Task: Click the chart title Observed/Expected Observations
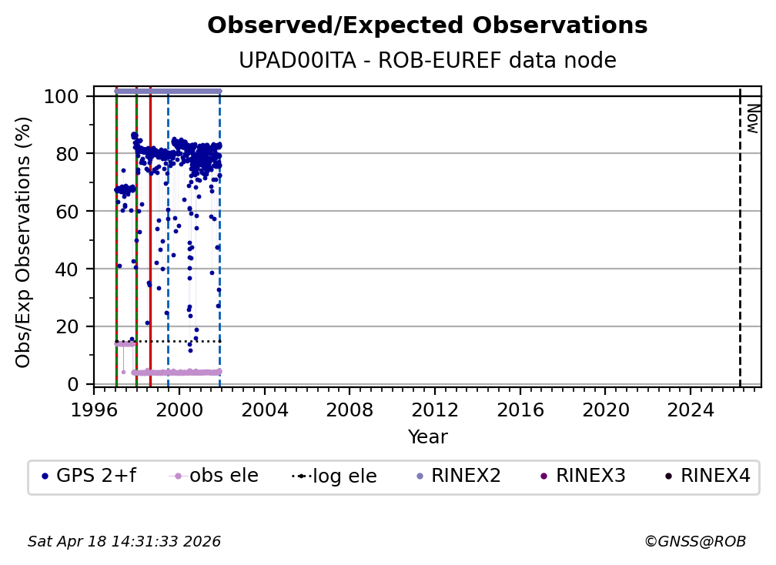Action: click(x=427, y=26)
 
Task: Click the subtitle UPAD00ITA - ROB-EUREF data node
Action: click(x=427, y=61)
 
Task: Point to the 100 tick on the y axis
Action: click(x=61, y=96)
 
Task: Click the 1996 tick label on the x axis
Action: click(x=94, y=411)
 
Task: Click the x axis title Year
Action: click(x=427, y=437)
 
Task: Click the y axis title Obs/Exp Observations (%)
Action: click(x=24, y=242)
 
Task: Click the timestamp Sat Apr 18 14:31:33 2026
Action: click(x=125, y=542)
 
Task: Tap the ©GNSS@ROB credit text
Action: click(x=694, y=542)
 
